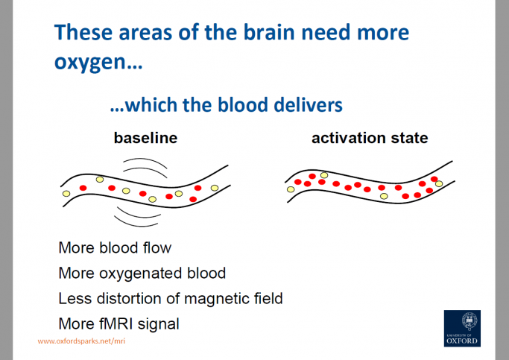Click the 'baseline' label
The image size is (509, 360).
[x=145, y=139]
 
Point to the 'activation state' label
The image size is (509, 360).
[x=370, y=139]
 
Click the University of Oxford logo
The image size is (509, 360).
[x=462, y=328]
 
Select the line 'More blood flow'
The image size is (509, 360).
[x=115, y=247]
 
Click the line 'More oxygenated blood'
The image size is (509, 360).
[x=142, y=273]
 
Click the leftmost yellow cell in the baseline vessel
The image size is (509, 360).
[x=66, y=194]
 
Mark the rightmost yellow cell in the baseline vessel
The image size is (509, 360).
[x=215, y=187]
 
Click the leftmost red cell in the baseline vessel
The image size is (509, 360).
[x=83, y=187]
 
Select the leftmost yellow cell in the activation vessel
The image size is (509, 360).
[x=291, y=189]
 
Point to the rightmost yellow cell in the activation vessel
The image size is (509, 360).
[x=438, y=183]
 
